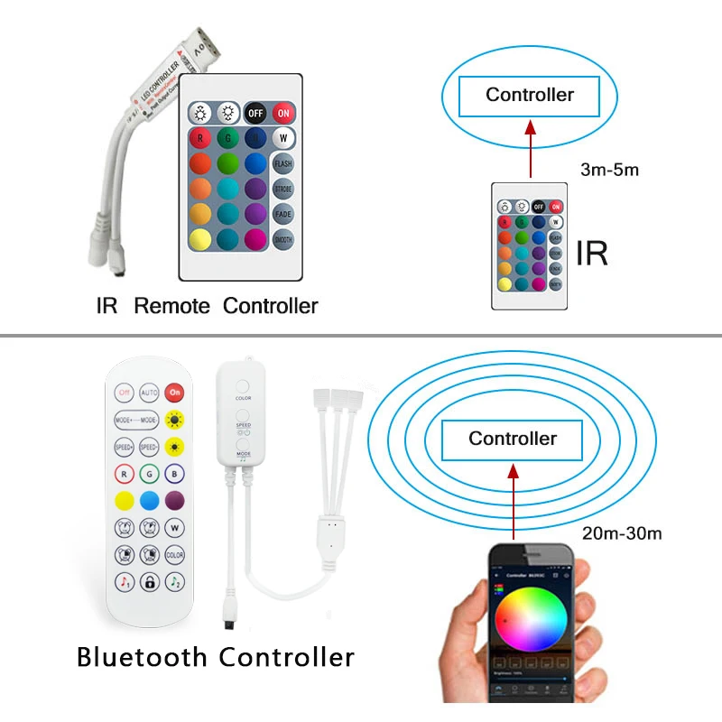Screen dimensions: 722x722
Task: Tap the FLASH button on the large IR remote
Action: [x=283, y=163]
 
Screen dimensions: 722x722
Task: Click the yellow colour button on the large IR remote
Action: [x=201, y=239]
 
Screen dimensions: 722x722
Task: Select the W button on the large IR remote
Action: [x=283, y=138]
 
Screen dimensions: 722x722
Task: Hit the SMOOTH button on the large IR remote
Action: [x=283, y=239]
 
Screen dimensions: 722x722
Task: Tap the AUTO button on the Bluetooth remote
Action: [x=150, y=393]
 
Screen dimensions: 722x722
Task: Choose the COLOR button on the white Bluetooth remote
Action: [x=175, y=555]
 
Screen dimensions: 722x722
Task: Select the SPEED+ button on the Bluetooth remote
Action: [x=125, y=446]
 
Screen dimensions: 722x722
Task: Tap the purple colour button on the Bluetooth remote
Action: [x=175, y=500]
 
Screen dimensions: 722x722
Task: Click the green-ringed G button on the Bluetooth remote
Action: [x=150, y=472]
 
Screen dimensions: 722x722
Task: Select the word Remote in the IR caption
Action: [x=171, y=306]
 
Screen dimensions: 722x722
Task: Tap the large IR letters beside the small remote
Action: [x=591, y=254]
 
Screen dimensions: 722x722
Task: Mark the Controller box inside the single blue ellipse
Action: [x=529, y=95]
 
